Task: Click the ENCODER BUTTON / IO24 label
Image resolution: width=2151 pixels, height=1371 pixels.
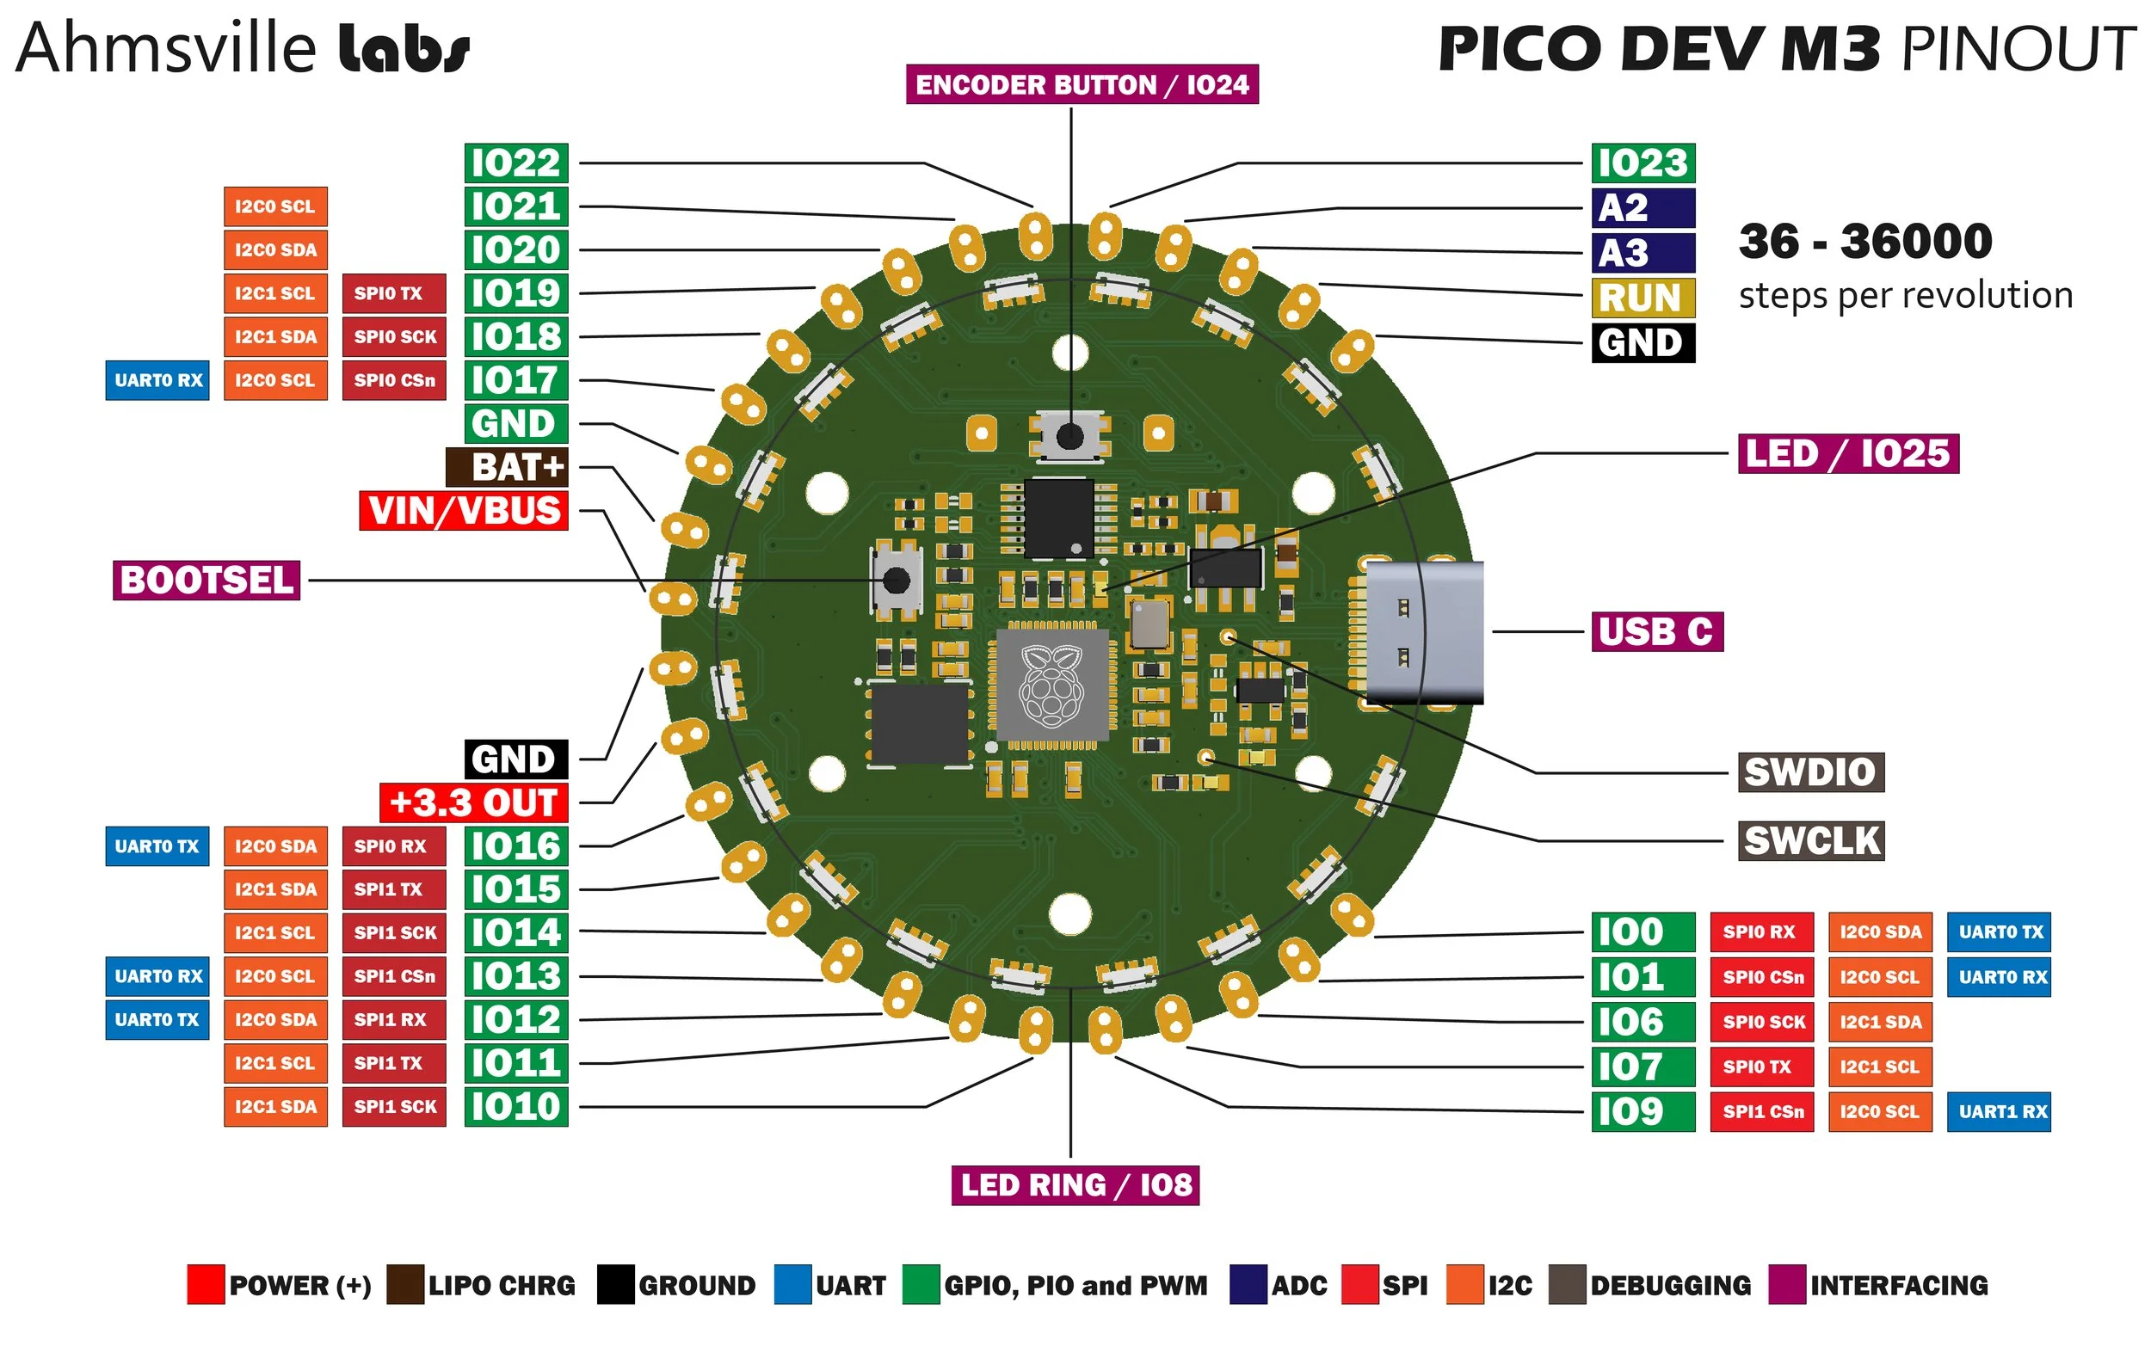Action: tap(1082, 85)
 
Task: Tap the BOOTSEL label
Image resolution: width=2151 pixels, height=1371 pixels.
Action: tap(206, 581)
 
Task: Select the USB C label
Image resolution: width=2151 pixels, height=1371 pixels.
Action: tap(1656, 632)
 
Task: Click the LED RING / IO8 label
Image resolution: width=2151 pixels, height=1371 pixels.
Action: tap(1075, 1185)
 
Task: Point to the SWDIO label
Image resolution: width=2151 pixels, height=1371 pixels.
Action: tap(1810, 772)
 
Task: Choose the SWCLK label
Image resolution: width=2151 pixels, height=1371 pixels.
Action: tap(1811, 841)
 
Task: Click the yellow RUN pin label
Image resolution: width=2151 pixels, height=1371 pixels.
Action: tap(1643, 298)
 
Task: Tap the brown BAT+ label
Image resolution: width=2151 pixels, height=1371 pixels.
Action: tap(507, 467)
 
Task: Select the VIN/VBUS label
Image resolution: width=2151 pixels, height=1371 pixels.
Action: tap(464, 511)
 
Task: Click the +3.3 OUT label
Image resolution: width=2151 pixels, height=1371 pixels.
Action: tap(473, 803)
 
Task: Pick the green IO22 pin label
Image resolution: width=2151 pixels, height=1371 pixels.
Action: tap(516, 163)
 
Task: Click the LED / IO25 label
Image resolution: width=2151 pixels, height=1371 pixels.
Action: tap(1848, 454)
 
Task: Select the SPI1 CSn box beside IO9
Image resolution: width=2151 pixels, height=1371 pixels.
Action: tap(1761, 1112)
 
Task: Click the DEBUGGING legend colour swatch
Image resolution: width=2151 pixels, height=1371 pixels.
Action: tap(1567, 1284)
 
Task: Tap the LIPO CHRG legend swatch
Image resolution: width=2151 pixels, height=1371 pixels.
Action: tap(404, 1284)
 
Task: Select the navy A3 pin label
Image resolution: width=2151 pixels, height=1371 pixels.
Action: tap(1643, 254)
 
